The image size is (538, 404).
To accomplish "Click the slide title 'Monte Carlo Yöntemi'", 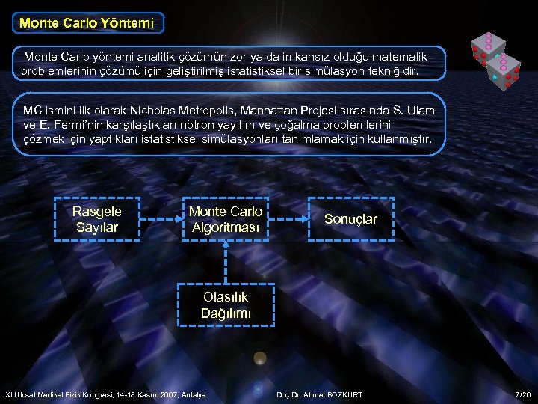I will pyautogui.click(x=87, y=23).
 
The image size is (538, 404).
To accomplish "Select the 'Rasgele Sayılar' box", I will pyautogui.click(x=96, y=219).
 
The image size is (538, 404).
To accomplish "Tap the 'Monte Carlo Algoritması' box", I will pyautogui.click(x=226, y=219).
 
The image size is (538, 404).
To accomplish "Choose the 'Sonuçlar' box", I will pyautogui.click(x=350, y=219).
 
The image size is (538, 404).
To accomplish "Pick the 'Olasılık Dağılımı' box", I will pyautogui.click(x=226, y=305).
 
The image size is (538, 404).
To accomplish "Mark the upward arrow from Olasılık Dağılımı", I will pyautogui.click(x=226, y=262).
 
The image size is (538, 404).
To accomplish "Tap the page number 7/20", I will pyautogui.click(x=522, y=394).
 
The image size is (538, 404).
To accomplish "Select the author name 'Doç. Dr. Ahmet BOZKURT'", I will pyautogui.click(x=319, y=394).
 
